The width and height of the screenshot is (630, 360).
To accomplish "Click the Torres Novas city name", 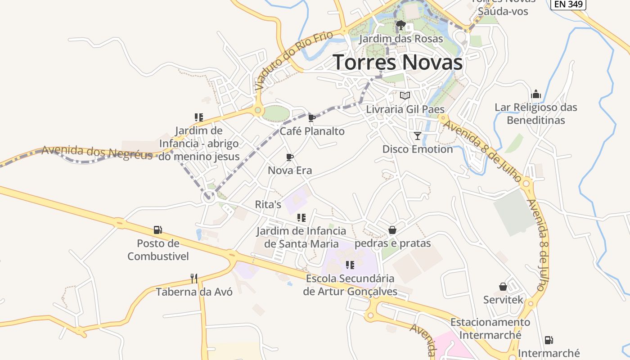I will pos(398,62).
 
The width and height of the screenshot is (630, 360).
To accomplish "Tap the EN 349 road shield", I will pos(569,4).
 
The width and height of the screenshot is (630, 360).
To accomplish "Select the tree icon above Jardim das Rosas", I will pos(400,25).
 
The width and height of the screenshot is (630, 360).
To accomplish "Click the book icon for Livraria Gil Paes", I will pos(405,96).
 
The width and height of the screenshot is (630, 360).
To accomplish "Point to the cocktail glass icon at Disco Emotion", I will pos(418,135).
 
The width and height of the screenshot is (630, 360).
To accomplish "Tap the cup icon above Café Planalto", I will pos(311,118).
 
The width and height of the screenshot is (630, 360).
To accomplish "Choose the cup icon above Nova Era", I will pos(290,157).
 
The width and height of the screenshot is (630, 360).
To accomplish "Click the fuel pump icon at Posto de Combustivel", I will pos(157,230).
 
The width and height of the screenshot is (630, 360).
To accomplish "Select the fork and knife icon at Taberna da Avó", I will pos(194,279).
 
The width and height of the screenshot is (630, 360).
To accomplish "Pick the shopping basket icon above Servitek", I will pos(503,287).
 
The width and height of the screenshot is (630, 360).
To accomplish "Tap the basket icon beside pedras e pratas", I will pos(392,230).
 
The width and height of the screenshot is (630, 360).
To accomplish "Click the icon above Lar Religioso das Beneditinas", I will pos(535,94).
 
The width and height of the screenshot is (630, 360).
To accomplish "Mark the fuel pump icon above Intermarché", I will pos(549,340).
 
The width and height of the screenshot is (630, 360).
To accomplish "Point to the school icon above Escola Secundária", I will pos(350,265).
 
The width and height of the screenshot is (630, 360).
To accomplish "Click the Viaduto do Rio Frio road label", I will pos(294,60).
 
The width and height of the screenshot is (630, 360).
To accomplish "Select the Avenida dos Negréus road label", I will pos(97,152).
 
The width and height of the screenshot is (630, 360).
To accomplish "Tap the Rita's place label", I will pos(268,204).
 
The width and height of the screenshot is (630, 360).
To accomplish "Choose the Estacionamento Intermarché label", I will pos(490,328).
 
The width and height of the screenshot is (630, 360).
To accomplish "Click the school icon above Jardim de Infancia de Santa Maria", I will pos(301,218).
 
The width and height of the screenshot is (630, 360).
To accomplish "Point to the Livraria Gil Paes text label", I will pos(405,109).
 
